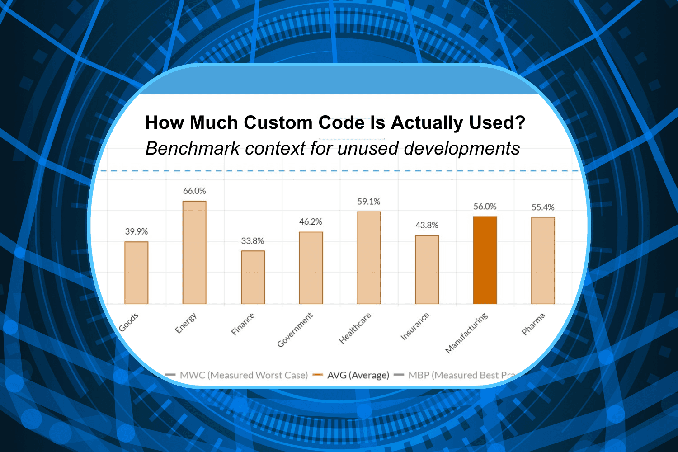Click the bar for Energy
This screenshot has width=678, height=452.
(x=194, y=252)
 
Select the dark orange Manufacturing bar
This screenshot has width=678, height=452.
(x=485, y=260)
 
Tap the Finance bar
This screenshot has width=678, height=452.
(x=253, y=277)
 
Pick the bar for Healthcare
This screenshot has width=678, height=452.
(x=369, y=258)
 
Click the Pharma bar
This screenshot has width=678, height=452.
(x=543, y=260)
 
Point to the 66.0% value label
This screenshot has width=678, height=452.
(x=194, y=191)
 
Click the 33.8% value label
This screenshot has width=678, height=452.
(x=252, y=241)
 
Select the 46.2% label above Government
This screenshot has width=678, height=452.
(x=311, y=222)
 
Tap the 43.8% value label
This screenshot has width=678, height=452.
(x=427, y=225)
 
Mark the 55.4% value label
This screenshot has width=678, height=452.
(x=543, y=207)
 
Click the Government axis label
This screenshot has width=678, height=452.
(x=295, y=330)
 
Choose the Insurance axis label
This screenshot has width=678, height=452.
(x=415, y=326)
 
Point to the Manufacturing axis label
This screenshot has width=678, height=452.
(x=466, y=333)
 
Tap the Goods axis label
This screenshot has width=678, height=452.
(x=129, y=322)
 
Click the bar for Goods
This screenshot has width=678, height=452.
(x=137, y=273)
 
